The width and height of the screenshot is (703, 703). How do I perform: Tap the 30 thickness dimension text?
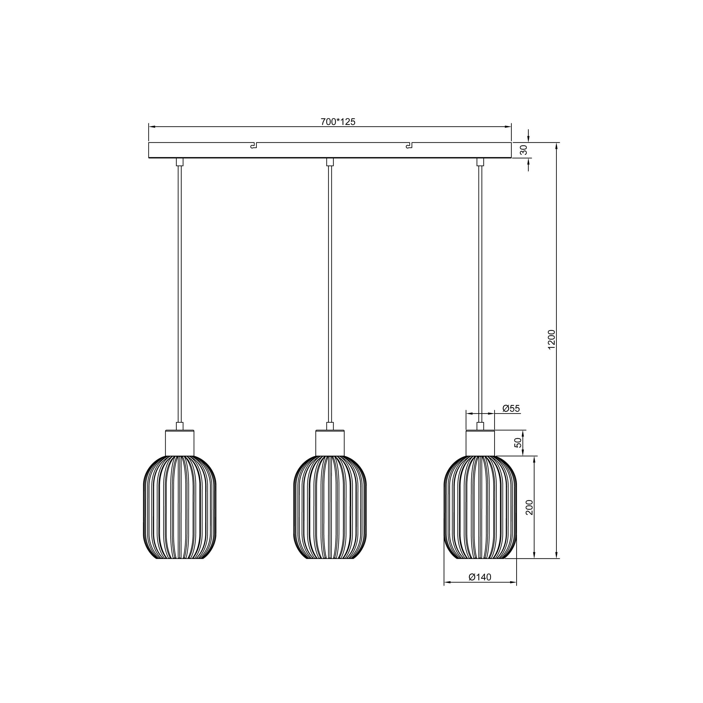coord(524,150)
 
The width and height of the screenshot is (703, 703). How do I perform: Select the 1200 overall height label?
coord(552,340)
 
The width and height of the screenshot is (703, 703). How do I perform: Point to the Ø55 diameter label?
coord(511,409)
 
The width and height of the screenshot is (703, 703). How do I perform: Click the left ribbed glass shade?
coord(180,507)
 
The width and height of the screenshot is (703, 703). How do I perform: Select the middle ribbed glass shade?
coord(330,507)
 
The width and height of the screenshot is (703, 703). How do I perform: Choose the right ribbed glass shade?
coord(480,507)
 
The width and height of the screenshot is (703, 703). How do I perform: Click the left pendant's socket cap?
coord(180,443)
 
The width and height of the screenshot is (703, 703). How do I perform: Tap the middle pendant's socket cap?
coord(330,443)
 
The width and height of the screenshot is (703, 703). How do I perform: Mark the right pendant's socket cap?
coord(480,443)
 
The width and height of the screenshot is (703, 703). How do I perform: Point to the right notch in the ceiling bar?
coord(410,146)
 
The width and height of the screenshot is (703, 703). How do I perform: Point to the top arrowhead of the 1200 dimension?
coord(556,146)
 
